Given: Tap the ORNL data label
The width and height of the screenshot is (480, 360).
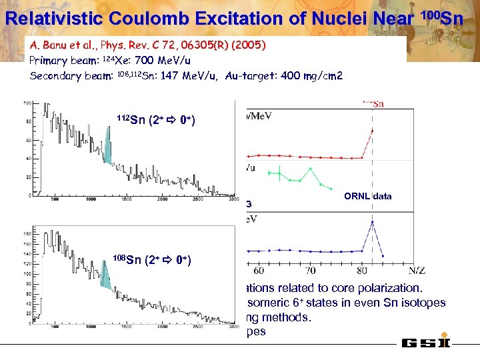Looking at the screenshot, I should point(368,197).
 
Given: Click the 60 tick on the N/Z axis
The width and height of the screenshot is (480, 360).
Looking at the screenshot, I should point(259,271).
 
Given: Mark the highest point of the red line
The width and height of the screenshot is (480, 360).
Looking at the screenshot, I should point(372,130).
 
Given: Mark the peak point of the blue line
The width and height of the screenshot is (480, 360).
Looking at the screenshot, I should point(372,222).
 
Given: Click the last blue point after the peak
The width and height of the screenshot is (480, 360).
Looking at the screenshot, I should point(382,256).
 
